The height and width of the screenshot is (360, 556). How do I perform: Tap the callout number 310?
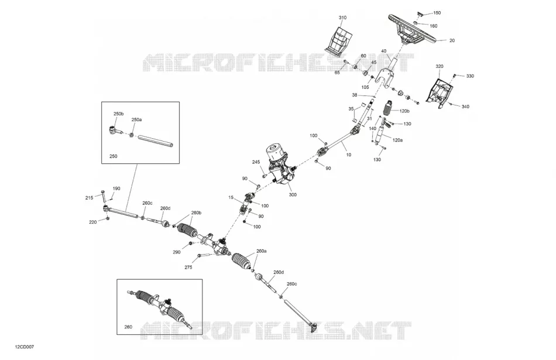pos(342,18)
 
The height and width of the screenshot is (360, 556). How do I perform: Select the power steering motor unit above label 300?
pos(281,164)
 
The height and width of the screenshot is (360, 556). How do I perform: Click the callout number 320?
pos(440,66)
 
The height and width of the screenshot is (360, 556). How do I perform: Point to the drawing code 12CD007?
pos(25,347)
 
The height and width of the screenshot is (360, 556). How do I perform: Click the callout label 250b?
pos(118,114)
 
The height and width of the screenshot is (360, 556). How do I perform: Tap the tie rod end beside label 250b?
pos(115,130)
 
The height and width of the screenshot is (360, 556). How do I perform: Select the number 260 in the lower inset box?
pos(128,327)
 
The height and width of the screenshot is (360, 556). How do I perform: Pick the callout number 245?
pos(256,162)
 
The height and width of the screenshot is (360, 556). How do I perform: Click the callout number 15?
pos(231,197)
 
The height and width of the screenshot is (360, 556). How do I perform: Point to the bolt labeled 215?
pos(103,196)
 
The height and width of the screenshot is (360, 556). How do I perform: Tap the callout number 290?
pos(176,252)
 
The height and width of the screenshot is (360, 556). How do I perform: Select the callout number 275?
pos(188,267)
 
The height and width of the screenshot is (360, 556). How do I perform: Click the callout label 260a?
pos(262,251)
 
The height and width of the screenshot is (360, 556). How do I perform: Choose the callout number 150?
pos(437,13)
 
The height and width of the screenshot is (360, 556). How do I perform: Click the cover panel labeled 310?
pos(339,40)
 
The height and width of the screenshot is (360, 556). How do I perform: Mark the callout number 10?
pos(349,155)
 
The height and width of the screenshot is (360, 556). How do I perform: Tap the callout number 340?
pos(465,107)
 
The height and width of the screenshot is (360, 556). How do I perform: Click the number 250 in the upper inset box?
pos(113,156)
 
